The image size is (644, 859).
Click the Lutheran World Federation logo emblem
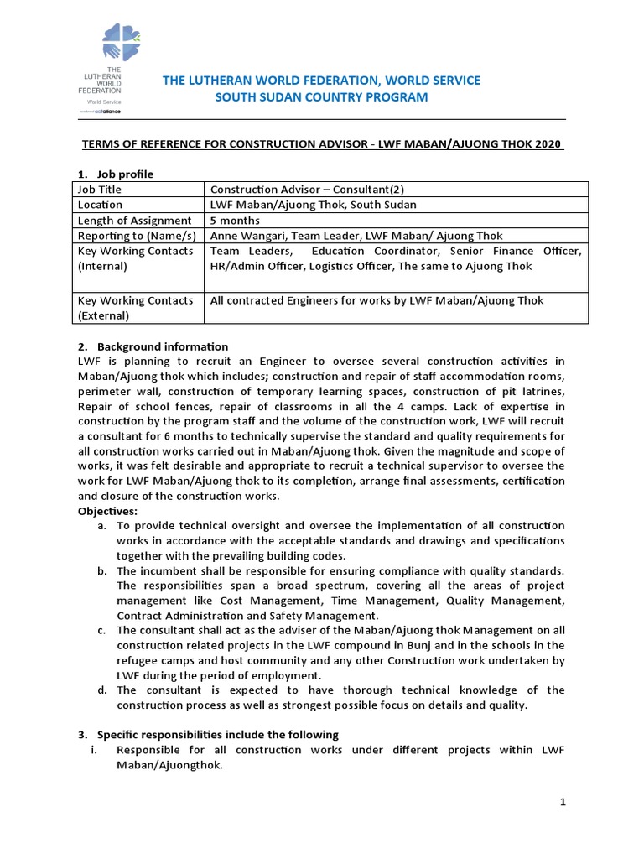tap(122, 44)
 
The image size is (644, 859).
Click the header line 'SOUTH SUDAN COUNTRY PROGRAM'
tap(322, 97)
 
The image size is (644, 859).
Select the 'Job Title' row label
tap(101, 190)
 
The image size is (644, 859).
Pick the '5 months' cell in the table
tap(236, 221)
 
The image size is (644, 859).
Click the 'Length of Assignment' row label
tap(133, 221)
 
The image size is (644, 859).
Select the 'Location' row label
tap(100, 205)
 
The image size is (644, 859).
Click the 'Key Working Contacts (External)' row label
tap(134, 308)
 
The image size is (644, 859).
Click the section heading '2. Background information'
tap(153, 346)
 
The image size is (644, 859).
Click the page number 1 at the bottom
tap(563, 802)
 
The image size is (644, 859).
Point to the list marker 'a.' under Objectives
tap(101, 525)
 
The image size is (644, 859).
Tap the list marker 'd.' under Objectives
tap(101, 690)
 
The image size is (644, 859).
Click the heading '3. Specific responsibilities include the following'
tap(208, 734)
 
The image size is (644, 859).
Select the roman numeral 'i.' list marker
tap(95, 749)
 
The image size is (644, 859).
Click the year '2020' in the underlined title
tap(548, 143)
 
